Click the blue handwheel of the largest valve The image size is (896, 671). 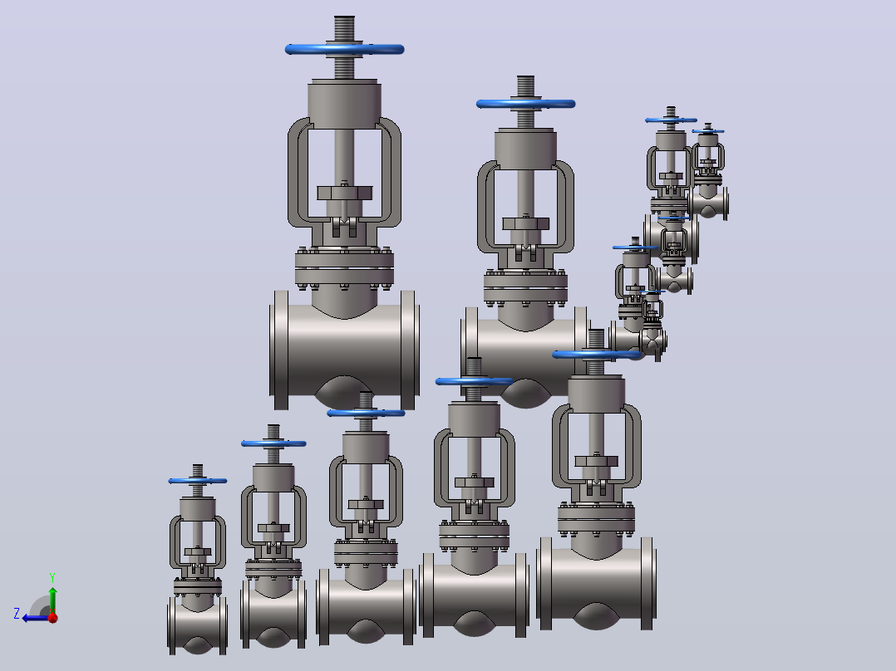(x=345, y=49)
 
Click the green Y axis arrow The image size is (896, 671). (x=52, y=600)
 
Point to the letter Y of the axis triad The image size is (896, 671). (x=52, y=578)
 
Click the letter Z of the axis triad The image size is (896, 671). (x=17, y=614)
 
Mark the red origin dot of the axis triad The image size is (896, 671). (x=53, y=617)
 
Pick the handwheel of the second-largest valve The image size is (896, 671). (x=525, y=104)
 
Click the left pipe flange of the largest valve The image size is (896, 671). (x=281, y=350)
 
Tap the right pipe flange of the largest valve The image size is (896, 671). (x=409, y=350)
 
